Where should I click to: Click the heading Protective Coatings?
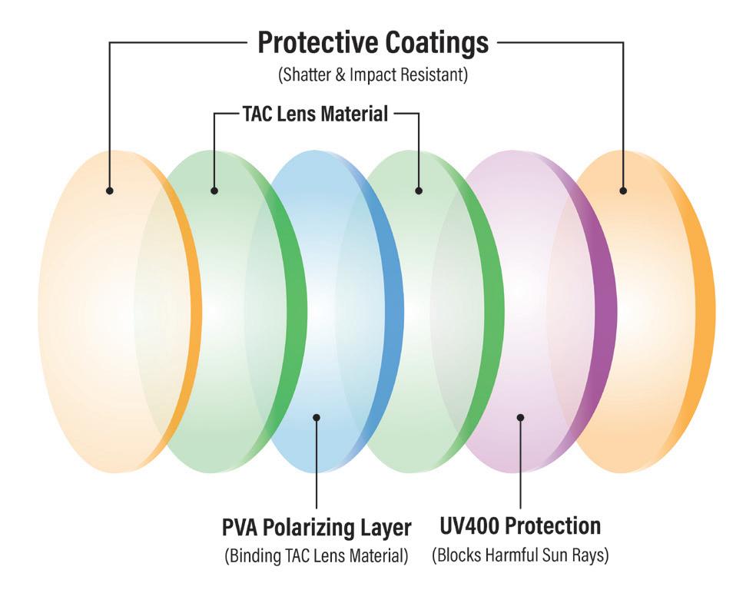tap(373, 43)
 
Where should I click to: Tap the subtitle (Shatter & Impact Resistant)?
tap(373, 75)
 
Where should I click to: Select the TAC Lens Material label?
tap(315, 115)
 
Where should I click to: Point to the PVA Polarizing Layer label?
tap(317, 528)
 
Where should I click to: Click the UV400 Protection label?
tap(520, 526)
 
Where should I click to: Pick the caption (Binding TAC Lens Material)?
tap(317, 555)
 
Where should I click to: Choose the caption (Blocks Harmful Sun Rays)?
tap(520, 555)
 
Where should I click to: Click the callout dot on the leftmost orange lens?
tap(110, 190)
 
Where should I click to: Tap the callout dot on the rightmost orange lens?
tap(623, 190)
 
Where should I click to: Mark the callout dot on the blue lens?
tap(317, 417)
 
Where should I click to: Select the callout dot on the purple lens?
tap(520, 417)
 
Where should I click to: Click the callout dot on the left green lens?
tap(214, 190)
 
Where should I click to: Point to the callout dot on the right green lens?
tap(419, 190)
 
